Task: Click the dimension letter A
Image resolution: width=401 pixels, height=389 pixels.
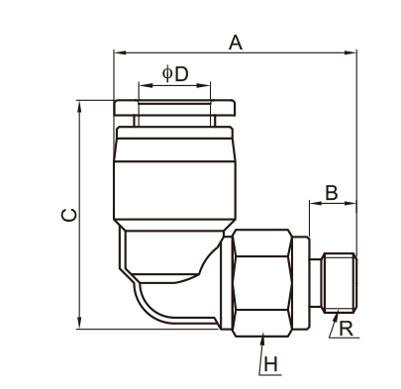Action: click(x=236, y=43)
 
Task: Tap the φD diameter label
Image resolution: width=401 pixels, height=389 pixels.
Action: click(x=175, y=74)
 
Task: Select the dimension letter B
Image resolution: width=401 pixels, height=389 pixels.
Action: click(x=332, y=193)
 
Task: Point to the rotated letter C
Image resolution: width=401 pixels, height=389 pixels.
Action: click(x=69, y=215)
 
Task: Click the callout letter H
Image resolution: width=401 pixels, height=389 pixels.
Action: click(x=270, y=365)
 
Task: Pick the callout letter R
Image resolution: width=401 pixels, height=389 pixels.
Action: click(x=346, y=330)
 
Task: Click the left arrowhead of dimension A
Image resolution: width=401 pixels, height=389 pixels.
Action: click(x=119, y=52)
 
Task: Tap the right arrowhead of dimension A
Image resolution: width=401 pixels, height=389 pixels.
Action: click(x=351, y=52)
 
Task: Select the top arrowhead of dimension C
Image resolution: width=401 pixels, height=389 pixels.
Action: click(x=79, y=106)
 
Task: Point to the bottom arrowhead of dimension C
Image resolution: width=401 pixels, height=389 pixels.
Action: click(x=79, y=323)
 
